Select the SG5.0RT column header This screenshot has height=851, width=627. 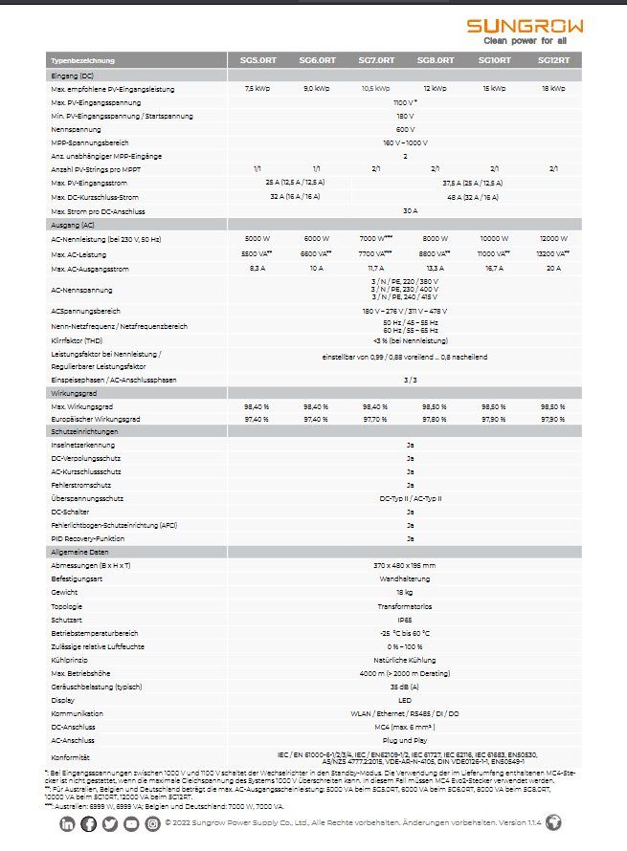tap(258, 59)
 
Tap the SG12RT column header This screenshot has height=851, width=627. tap(553, 59)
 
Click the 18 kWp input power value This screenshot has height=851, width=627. tap(553, 89)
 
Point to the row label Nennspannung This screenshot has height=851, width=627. tap(72, 128)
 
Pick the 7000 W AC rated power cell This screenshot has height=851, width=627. tap(375, 238)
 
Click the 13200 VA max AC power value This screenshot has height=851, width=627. tap(553, 253)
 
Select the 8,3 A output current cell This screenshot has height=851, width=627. tap(258, 269)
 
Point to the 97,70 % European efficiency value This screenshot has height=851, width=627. tap(375, 419)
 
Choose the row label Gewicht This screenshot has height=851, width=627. tap(64, 593)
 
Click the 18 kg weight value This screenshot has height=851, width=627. tap(406, 593)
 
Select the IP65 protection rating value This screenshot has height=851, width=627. tap(406, 620)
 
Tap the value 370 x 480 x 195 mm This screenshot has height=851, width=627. tap(406, 565)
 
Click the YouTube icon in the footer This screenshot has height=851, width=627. tap(131, 823)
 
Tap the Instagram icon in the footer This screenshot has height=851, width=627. tap(152, 823)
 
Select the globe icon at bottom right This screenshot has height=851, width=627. tap(553, 822)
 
